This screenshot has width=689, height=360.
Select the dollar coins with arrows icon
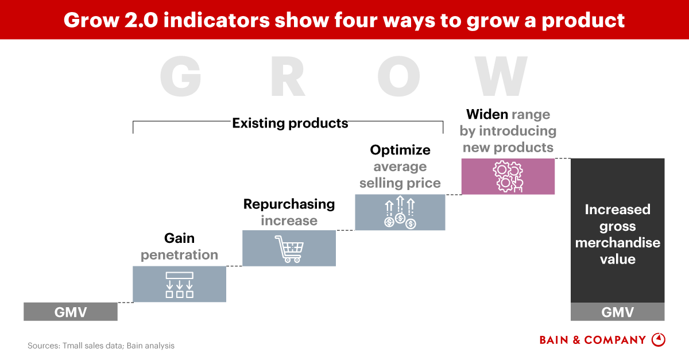point(400,212)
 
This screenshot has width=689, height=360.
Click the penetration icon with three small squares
point(179,285)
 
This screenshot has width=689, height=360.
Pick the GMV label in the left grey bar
point(71,312)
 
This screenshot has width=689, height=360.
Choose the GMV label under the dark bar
point(617,312)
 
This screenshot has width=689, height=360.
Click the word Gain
point(179,238)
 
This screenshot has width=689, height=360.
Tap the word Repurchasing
point(289,204)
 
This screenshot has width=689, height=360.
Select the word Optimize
point(400,150)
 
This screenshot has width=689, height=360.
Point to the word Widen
point(487,114)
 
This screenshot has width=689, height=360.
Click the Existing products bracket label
point(290,123)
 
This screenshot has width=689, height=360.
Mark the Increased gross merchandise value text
point(617,234)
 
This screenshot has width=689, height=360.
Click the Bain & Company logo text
point(593,340)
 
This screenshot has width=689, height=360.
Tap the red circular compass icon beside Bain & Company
point(659,340)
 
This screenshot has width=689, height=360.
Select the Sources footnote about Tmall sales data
point(101,346)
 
